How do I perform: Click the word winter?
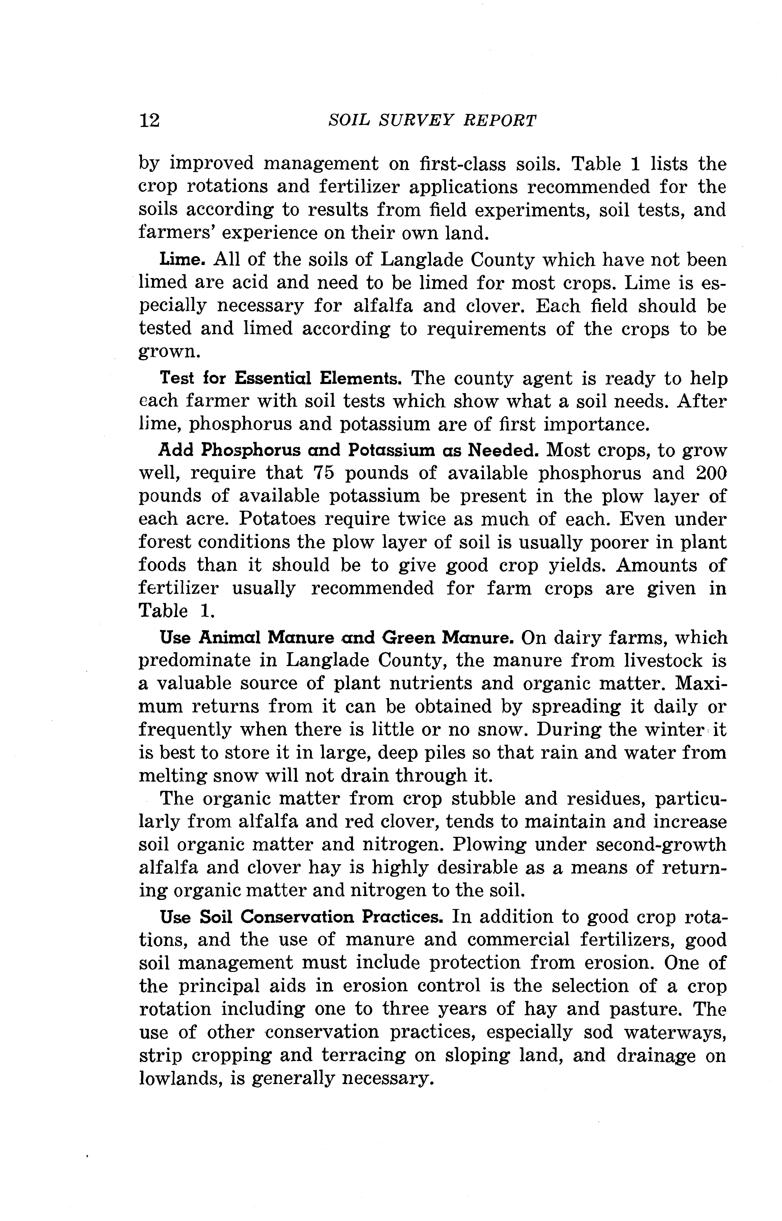(x=670, y=729)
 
